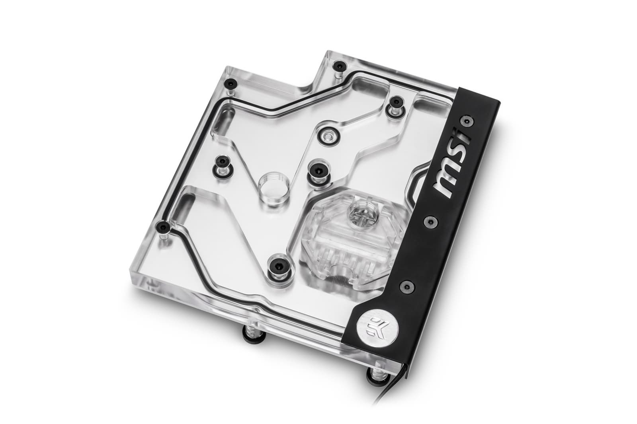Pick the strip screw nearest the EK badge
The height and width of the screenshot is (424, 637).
point(405,284)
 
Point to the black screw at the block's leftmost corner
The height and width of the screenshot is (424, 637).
point(165,227)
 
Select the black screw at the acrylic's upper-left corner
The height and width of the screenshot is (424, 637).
point(231,84)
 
